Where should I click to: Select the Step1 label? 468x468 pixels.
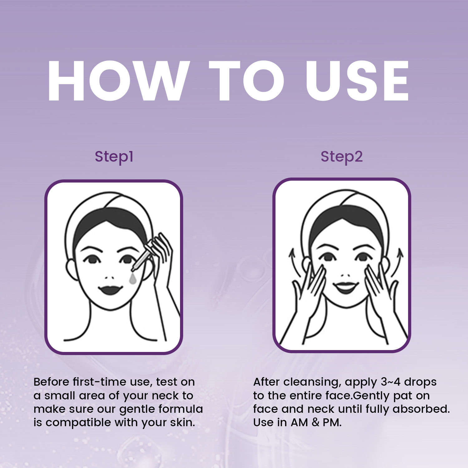(x=114, y=157)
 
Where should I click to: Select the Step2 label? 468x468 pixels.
(x=342, y=157)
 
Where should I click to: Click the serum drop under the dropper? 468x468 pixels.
(x=133, y=279)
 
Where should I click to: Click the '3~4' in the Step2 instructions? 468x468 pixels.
(x=391, y=382)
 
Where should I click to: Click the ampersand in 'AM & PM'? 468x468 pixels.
(x=315, y=422)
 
